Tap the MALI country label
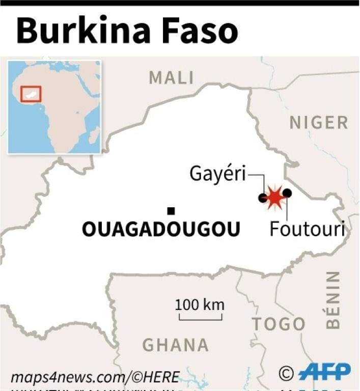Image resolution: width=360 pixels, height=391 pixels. (171, 78)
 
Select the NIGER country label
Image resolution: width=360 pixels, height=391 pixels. (319, 123)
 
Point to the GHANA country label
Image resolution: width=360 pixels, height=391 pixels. (175, 345)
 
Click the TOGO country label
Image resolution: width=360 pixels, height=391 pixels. (279, 324)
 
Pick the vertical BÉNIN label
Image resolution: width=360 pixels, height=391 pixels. (333, 300)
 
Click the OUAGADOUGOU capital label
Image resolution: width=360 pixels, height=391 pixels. (161, 230)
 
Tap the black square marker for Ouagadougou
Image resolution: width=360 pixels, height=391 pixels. (171, 211)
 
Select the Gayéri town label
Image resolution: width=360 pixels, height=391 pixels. (217, 174)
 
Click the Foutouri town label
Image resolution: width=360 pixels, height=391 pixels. (307, 229)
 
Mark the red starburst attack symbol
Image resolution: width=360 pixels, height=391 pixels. (275, 197)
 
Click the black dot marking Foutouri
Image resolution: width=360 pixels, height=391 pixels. (287, 193)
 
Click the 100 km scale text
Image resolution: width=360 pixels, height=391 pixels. (200, 305)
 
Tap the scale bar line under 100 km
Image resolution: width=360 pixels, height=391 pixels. (200, 318)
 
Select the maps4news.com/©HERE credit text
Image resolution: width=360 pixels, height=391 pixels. (95, 377)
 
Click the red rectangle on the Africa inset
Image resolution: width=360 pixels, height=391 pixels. (31, 94)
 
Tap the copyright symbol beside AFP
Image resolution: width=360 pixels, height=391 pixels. (287, 373)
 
